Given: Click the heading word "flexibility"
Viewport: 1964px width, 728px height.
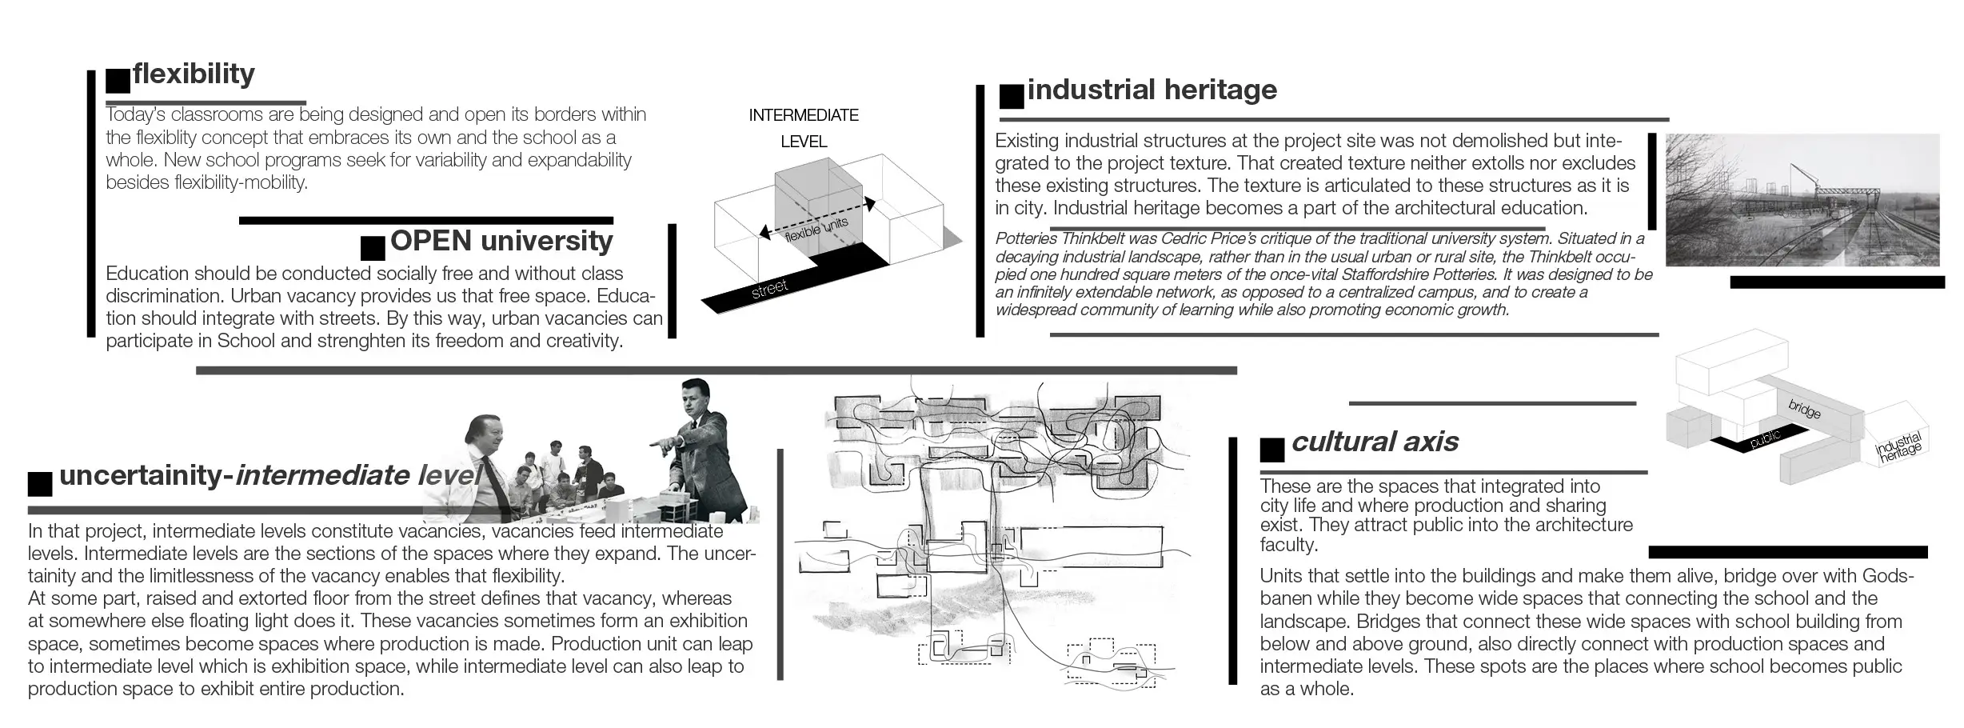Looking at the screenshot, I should click(x=194, y=74).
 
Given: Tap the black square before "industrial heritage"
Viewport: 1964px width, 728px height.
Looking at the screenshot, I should click(x=1012, y=96).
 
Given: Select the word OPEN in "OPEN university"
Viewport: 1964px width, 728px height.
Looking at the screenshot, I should click(x=431, y=241).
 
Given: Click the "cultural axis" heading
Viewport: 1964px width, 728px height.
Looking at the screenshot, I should click(x=1375, y=442).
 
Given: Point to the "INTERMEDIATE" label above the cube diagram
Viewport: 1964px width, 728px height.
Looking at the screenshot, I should click(x=803, y=115).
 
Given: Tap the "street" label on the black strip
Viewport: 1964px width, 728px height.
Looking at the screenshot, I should click(x=769, y=289).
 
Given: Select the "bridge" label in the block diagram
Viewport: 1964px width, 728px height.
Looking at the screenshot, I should click(x=1804, y=409).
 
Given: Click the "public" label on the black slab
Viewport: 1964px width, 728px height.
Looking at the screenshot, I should click(x=1765, y=438).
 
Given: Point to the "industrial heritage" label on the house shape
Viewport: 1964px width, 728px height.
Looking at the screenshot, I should click(x=1899, y=446).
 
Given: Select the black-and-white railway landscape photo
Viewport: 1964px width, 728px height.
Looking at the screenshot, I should click(x=1802, y=200).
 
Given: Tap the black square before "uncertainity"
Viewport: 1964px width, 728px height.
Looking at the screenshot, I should click(x=40, y=484).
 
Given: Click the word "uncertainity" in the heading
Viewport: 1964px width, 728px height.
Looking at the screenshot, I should click(x=142, y=475).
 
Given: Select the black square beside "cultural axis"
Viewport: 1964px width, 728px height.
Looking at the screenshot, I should click(x=1272, y=450).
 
